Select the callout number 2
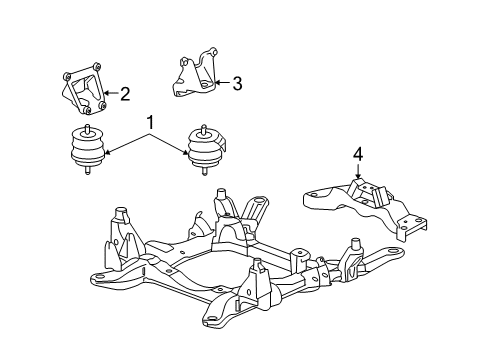pyautogui.click(x=124, y=95)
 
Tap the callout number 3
pyautogui.click(x=236, y=83)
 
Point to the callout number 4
pyautogui.click(x=357, y=155)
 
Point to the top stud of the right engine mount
pyautogui.click(x=206, y=127)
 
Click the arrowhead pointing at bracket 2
pyautogui.click(x=107, y=96)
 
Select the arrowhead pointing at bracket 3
pyautogui.click(x=219, y=83)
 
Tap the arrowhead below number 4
pyautogui.click(x=357, y=178)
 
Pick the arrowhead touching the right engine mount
pyautogui.click(x=188, y=152)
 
